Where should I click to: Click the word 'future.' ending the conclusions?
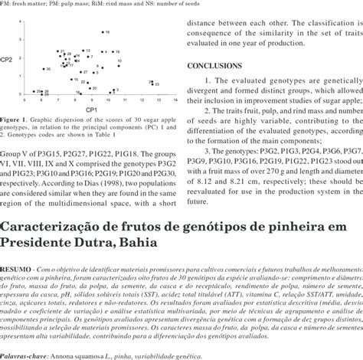pos(198,201)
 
